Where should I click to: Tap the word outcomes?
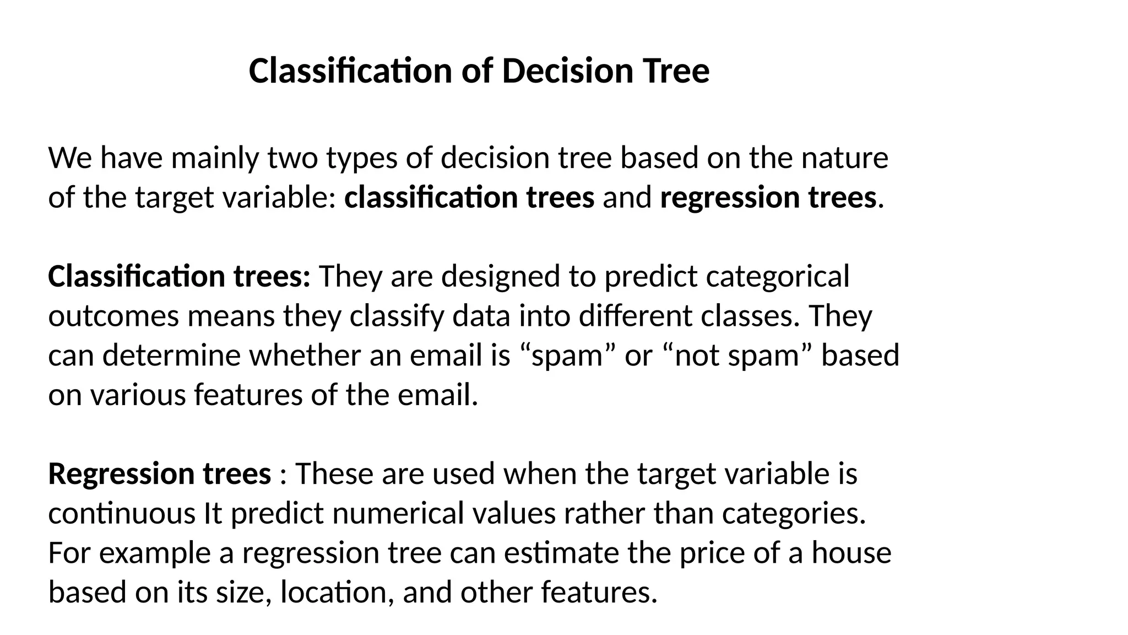click(x=113, y=316)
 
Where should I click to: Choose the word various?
click(x=138, y=395)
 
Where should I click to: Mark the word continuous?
click(x=122, y=514)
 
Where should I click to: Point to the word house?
click(x=851, y=553)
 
